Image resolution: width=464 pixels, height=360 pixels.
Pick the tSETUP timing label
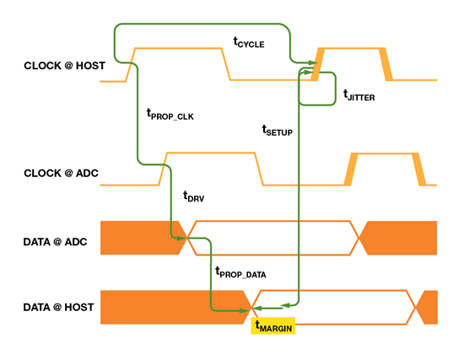(x=277, y=132)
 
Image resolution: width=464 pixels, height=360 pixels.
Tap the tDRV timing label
(x=194, y=196)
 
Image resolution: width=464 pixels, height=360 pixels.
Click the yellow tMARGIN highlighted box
(x=272, y=325)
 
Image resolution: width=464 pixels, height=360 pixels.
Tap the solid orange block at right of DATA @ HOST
(x=429, y=306)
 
